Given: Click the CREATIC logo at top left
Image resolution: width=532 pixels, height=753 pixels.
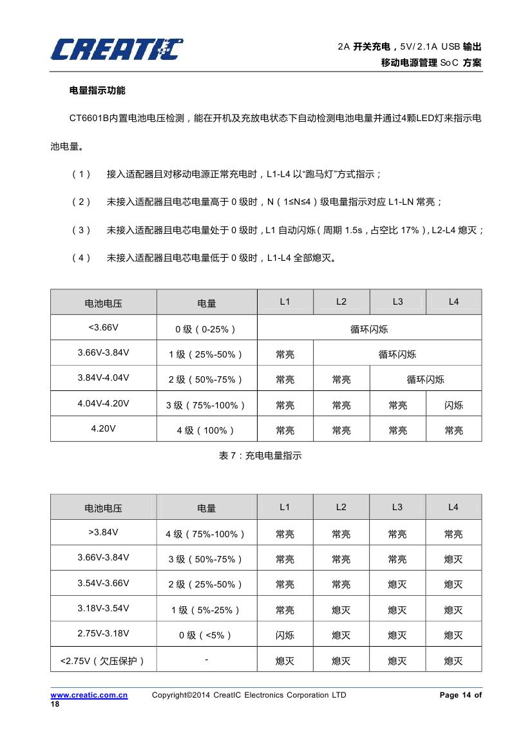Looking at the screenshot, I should click(x=116, y=49).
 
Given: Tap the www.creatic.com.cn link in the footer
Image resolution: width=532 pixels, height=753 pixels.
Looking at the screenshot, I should click(x=89, y=695).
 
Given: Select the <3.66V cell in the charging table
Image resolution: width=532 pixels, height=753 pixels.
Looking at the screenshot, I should click(x=103, y=327).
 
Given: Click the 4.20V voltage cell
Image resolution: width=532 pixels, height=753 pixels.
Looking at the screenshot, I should click(x=103, y=429).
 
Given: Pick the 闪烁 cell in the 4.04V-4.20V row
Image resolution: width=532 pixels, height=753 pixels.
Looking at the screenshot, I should click(x=453, y=405).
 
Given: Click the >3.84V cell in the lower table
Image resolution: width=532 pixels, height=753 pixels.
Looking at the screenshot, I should click(x=103, y=533).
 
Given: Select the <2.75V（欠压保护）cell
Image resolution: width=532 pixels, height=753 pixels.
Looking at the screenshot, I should click(x=103, y=660).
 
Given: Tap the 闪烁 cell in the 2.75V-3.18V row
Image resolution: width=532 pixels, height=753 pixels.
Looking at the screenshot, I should click(x=285, y=635).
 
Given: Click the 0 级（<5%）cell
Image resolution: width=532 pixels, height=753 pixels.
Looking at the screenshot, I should click(x=206, y=635).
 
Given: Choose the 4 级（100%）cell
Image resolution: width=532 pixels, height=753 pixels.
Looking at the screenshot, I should click(x=206, y=430).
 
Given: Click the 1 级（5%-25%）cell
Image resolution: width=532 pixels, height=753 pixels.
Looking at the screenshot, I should click(x=206, y=609).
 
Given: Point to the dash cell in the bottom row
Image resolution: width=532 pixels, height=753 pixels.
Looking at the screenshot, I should click(x=206, y=659).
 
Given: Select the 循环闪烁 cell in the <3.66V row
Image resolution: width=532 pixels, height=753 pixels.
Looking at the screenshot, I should click(x=369, y=329).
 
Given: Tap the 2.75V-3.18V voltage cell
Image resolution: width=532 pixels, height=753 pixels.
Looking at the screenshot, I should click(x=103, y=633).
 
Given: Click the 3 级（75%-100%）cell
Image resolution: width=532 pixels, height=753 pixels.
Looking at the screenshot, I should click(x=206, y=405).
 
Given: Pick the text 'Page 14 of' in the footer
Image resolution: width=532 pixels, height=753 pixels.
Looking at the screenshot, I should click(x=460, y=695).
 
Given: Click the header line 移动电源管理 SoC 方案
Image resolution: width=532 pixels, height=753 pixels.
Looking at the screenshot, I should click(x=431, y=62).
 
